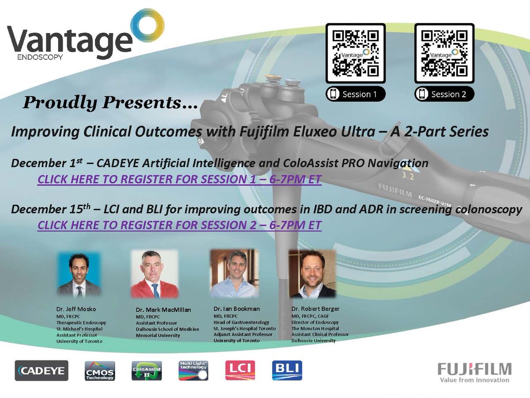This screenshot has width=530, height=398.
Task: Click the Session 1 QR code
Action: tap(356, 53)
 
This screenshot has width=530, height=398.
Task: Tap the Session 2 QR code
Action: tap(444, 53)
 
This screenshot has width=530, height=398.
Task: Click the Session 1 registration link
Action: tap(179, 180)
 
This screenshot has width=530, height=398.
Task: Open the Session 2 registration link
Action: tap(179, 225)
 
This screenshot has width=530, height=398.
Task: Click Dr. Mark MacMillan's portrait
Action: tap(155, 274)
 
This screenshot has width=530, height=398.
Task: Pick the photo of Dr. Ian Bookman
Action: tap(234, 274)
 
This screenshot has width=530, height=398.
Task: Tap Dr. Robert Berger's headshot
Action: tap(312, 274)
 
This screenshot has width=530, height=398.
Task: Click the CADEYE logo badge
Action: tap(42, 370)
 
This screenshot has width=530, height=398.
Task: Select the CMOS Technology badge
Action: tap(99, 370)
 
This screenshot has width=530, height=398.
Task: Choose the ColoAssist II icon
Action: tap(147, 370)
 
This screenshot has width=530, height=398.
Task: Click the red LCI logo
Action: tap(240, 370)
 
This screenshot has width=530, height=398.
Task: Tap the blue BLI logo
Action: tap(287, 370)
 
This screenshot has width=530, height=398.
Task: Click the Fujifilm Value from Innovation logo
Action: tap(474, 372)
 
